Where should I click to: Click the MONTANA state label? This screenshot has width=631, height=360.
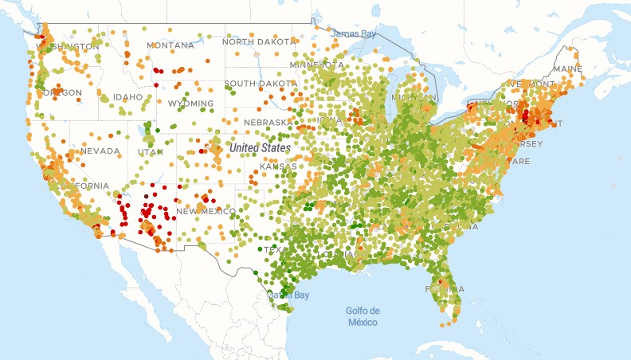[170, 45]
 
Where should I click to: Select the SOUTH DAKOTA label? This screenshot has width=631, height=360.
[261, 83]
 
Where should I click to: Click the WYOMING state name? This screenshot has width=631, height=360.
[190, 104]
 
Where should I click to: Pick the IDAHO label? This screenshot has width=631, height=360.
[127, 97]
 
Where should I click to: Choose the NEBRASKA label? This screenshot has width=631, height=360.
[266, 123]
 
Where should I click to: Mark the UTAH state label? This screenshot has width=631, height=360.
[150, 151]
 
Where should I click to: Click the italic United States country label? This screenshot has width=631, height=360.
[259, 148]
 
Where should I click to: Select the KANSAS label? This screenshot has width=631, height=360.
[278, 166]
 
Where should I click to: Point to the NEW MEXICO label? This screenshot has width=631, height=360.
[205, 211]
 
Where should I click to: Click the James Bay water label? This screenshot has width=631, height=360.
[353, 33]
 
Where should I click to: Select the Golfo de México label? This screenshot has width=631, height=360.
[363, 316]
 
